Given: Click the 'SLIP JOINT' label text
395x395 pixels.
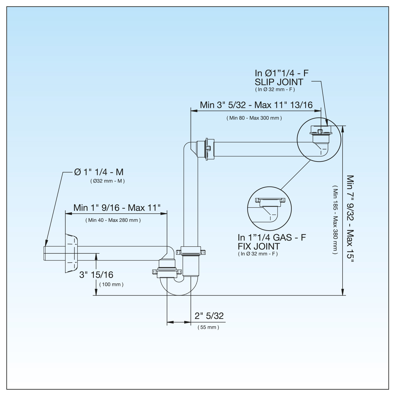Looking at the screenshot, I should [x=279, y=82].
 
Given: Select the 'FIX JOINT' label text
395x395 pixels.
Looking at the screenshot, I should [x=259, y=246].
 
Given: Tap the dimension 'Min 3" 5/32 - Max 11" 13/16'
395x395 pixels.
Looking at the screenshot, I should [x=256, y=105].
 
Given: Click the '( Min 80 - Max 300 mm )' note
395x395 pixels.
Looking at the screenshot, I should [x=254, y=118].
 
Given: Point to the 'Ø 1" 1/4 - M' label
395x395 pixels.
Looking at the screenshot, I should [x=99, y=172].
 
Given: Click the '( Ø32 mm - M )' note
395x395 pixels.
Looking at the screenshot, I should [x=108, y=181].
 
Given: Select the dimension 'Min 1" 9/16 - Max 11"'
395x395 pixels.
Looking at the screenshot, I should [x=117, y=208].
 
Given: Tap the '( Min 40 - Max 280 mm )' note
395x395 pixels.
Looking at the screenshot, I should [x=113, y=220].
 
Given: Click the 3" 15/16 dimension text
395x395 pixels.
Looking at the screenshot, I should [x=96, y=275].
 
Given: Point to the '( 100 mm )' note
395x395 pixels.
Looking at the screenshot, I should [x=111, y=284].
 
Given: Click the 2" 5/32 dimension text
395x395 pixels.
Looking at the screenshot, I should [x=209, y=316].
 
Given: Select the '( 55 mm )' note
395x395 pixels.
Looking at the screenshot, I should [x=208, y=327].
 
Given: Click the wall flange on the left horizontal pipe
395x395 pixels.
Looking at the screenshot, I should [x=71, y=253].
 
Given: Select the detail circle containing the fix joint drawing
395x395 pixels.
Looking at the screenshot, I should [x=269, y=208].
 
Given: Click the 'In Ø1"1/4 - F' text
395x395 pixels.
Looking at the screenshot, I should [x=281, y=73].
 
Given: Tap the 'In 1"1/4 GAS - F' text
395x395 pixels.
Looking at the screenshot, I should [x=272, y=238].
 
